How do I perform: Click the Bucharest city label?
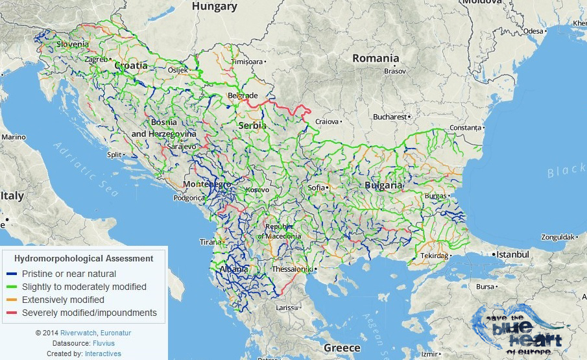click(389, 117)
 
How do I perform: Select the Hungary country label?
click(215, 6)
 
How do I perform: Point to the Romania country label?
click(376, 58)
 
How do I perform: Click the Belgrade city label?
click(243, 96)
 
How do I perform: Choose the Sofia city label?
click(317, 188)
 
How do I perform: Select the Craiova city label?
click(327, 121)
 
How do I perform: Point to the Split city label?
click(114, 155)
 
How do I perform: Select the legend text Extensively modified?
click(63, 300)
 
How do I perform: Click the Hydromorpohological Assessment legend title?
click(84, 258)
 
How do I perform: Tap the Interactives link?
click(102, 354)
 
